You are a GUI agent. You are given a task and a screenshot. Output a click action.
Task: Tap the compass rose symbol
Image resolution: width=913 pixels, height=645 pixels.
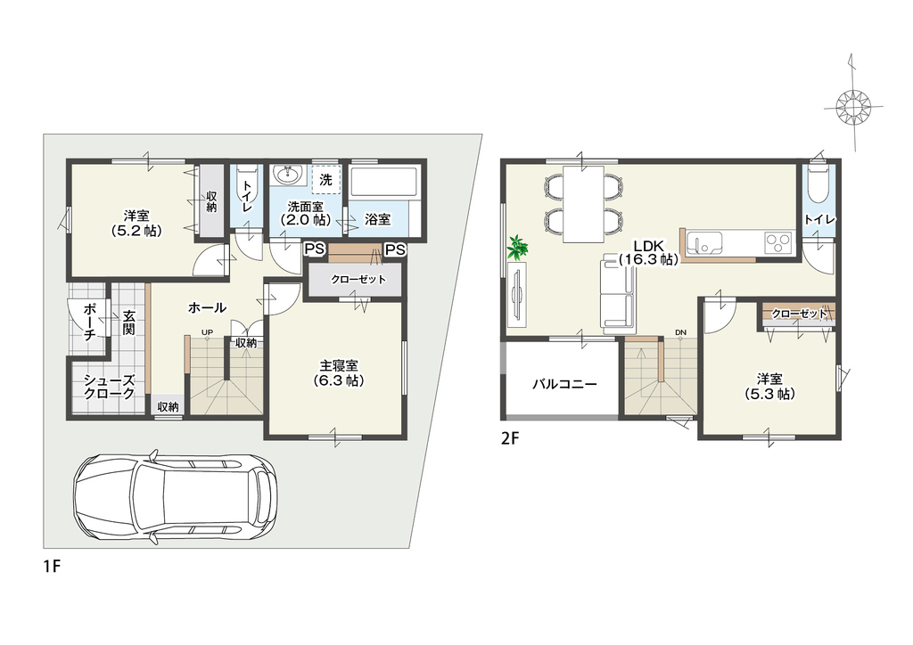(x=853, y=107)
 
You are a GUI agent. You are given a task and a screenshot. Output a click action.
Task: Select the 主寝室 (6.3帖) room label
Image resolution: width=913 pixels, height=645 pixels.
(x=339, y=372)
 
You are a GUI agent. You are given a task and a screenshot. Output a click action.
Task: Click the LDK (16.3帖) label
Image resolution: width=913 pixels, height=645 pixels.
(x=649, y=253)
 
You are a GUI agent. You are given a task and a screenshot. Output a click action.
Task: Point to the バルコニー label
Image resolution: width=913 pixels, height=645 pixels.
(x=564, y=385)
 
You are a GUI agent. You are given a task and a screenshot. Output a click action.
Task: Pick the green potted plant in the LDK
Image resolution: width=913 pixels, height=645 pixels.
(x=517, y=248)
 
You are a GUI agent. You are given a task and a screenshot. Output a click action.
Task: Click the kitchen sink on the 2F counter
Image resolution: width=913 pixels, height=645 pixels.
(x=704, y=241)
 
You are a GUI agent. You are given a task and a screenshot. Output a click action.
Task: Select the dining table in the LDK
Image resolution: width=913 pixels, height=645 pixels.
(x=583, y=203)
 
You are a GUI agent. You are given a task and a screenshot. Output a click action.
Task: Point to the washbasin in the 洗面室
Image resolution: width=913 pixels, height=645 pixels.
(x=287, y=175)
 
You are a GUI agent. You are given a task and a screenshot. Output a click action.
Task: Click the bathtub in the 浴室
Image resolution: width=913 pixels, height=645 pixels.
(x=384, y=182)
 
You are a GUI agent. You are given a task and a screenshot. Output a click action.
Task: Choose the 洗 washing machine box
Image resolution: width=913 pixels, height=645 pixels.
(x=325, y=180)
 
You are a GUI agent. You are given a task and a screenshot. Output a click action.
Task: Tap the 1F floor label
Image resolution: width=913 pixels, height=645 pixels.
(x=52, y=566)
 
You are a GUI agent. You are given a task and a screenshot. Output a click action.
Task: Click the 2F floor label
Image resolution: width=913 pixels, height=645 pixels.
(x=509, y=438)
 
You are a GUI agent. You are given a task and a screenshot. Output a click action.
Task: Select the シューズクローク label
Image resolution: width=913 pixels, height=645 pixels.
(x=109, y=387)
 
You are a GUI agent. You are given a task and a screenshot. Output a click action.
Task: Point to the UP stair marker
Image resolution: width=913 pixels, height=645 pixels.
(x=207, y=332)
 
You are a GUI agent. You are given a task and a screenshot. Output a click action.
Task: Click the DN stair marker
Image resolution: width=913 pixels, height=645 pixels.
(x=680, y=332)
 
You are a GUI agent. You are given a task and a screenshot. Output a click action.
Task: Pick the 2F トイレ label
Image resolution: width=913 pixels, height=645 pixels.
(x=820, y=219)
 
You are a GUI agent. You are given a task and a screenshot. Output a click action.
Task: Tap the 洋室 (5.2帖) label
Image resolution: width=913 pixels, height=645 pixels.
(x=136, y=224)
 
